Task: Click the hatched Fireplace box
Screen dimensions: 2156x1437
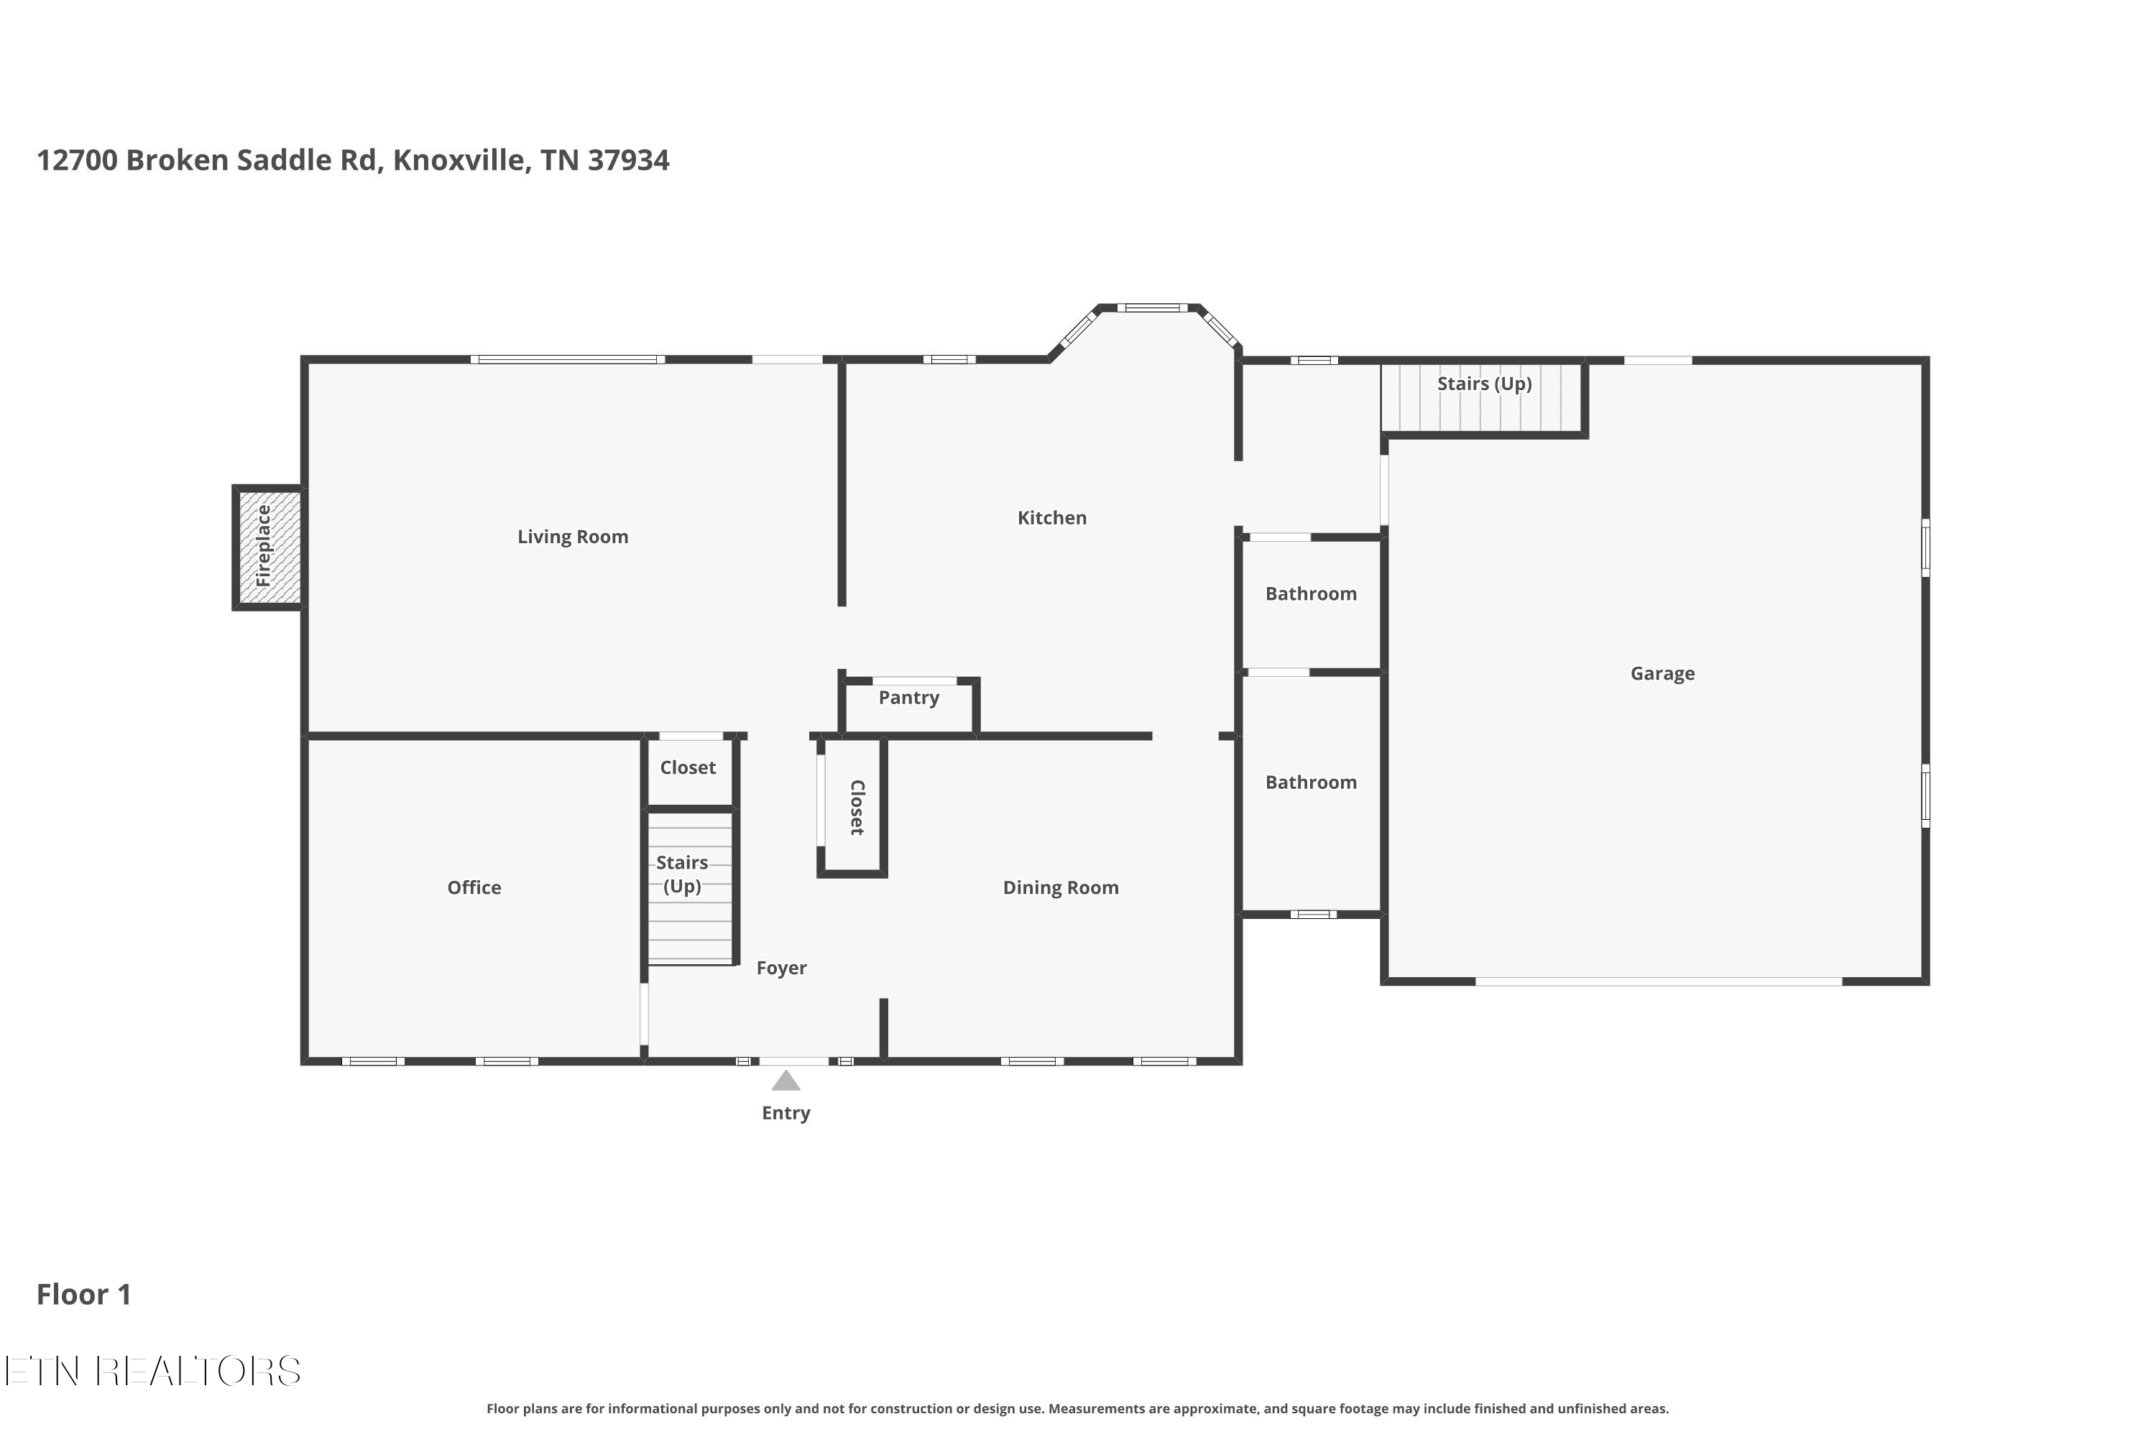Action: pos(267,547)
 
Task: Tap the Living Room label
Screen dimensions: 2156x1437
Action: pos(573,537)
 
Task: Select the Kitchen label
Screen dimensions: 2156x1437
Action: pos(1051,518)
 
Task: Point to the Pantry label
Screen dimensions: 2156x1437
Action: pos(908,698)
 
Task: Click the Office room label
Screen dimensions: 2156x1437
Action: pos(474,887)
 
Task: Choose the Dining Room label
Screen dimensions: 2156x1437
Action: pos(1061,887)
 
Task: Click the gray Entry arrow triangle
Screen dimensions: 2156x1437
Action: pos(786,1081)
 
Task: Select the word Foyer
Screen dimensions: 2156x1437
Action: pos(781,968)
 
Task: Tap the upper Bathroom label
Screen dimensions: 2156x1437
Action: pos(1311,594)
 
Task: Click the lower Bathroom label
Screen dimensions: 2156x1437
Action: pos(1311,782)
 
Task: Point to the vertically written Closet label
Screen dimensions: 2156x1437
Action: pos(857,808)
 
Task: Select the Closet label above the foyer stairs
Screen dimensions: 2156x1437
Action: pos(688,768)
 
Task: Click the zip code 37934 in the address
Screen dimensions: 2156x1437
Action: pos(628,160)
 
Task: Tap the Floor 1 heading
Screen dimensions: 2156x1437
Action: pos(83,1294)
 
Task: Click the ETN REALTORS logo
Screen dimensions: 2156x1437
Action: pos(152,1371)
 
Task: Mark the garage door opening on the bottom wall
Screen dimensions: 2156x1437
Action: pos(1658,981)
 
